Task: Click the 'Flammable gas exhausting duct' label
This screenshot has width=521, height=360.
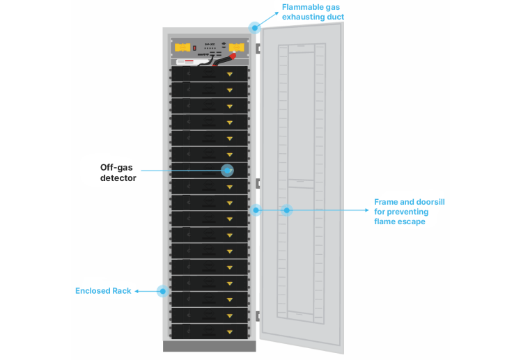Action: pos(313,12)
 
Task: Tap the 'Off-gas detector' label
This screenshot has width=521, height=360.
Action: pos(117,173)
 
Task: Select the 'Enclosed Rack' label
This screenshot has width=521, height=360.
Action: pos(103,291)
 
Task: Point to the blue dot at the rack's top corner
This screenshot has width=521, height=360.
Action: pos(255,28)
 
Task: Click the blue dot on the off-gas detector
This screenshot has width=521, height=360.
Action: pos(226,170)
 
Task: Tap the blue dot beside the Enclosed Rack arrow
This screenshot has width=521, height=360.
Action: pos(163,291)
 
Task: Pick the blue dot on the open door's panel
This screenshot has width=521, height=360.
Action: pos(286,210)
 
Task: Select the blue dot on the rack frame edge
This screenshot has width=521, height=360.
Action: pos(256,210)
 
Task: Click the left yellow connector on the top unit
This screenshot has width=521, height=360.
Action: pos(182,49)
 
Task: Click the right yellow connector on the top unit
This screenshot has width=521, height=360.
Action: pos(237,48)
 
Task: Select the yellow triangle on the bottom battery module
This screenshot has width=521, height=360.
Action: pos(229,331)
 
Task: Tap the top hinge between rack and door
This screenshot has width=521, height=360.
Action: pos(258,49)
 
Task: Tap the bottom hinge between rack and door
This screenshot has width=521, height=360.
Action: pos(258,316)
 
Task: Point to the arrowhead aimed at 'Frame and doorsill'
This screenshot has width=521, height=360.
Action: pos(368,210)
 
